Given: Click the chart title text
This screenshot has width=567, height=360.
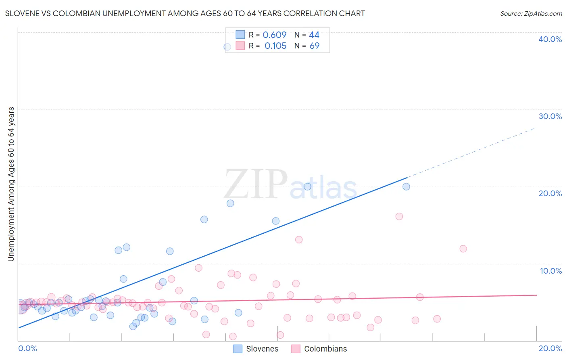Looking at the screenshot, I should coord(185,13).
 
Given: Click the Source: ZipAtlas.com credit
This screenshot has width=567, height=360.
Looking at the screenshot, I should coord(531,13).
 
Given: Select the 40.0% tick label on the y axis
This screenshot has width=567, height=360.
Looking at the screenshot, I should coord(550,39).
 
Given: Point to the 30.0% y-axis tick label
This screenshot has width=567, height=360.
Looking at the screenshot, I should coord(550,116).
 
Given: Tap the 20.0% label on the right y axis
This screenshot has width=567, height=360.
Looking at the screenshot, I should coord(550,193).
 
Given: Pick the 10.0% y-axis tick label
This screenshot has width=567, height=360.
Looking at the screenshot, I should coord(551,271).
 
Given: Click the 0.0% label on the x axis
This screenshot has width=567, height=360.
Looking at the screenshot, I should coord(27,348).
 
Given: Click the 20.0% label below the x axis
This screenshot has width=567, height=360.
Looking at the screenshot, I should coord(550,348).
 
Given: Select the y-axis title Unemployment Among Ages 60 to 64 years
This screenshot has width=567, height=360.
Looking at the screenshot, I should coord(11,184).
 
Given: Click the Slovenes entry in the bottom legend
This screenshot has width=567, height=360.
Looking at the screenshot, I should coord(262,349).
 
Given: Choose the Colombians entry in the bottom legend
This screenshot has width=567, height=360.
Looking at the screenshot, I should coord(325,349).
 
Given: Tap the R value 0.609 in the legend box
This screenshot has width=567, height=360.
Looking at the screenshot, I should coord(275,35).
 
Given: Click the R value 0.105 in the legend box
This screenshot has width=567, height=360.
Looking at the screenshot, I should coord(275,46).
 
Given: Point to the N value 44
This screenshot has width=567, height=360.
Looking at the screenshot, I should coord(314,35).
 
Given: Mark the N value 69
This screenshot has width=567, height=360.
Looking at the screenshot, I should coord(314,46).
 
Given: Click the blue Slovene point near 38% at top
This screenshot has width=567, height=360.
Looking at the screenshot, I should coord(227,47).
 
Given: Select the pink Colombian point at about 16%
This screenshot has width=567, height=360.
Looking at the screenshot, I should coord(399,216).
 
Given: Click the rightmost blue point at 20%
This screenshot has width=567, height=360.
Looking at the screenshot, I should coord(406,186).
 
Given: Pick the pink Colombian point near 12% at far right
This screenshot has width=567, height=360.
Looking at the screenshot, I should coord(463,249).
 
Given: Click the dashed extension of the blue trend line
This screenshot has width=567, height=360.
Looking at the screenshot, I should coord(472,153).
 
